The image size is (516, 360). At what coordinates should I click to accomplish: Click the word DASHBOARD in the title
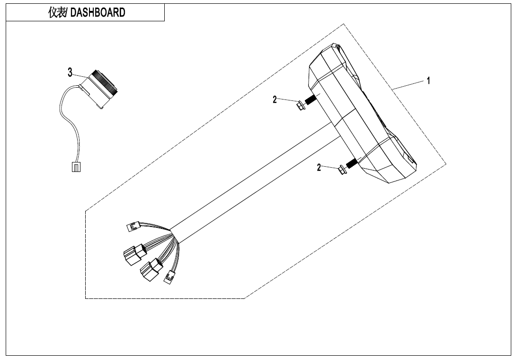pos(98,12)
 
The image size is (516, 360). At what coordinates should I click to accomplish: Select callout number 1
pos(428,81)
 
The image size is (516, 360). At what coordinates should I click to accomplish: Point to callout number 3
pos(70,72)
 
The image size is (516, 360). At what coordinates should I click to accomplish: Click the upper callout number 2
pos(275,99)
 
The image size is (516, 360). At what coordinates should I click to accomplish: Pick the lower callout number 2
pos(319,167)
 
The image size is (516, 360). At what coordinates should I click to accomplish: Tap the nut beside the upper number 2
pos(301,106)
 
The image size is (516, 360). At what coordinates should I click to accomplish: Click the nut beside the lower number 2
pos(342,170)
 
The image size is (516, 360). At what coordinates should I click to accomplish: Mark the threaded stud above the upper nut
pos(311,99)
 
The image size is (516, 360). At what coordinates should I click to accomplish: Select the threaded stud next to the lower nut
pos(352,162)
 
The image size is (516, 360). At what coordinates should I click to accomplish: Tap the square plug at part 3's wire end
pos(76,167)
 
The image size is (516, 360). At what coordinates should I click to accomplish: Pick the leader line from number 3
pos(80,75)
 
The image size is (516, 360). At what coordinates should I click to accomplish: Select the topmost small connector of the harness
pos(133,226)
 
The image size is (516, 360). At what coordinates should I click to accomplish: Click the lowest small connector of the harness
pos(169,277)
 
